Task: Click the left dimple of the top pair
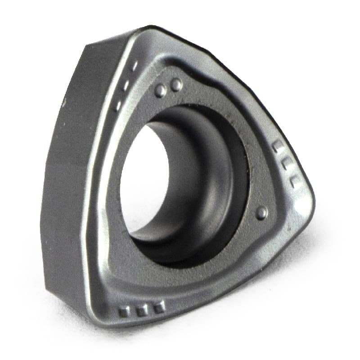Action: (x=161, y=90)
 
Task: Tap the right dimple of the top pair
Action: (x=176, y=84)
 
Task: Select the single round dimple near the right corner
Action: (x=261, y=213)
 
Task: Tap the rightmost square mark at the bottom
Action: (x=158, y=308)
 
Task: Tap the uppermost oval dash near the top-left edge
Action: (x=135, y=66)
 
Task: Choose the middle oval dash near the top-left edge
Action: (x=126, y=85)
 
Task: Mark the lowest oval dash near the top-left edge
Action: (x=118, y=105)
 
